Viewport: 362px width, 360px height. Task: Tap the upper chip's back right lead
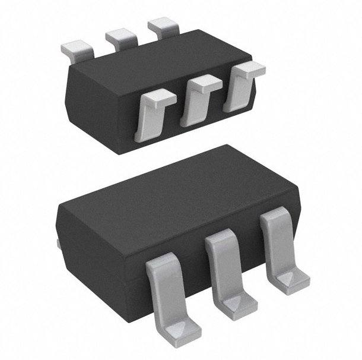[x=163, y=26]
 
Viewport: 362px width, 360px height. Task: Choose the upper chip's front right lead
[x=240, y=86]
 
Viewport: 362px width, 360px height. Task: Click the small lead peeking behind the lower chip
[x=57, y=244]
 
